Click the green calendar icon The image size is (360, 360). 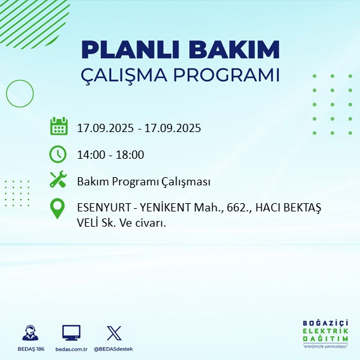click(x=58, y=126)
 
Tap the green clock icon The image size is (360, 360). click(x=58, y=154)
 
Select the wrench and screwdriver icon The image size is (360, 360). click(x=58, y=180)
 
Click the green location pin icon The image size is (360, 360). click(x=58, y=209)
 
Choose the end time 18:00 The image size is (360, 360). click(x=130, y=154)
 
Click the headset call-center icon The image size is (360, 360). click(x=29, y=333)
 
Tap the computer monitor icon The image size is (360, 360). click(x=71, y=333)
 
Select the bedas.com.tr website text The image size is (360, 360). click(x=71, y=349)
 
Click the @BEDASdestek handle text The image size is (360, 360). click(x=114, y=349)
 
